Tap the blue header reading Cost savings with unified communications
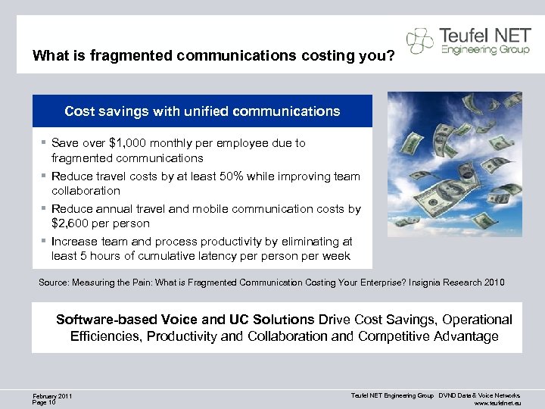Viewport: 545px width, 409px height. pos(202,111)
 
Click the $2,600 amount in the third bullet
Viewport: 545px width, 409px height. pos(72,223)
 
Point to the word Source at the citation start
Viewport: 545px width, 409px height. pos(53,283)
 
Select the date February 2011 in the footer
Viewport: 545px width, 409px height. pos(52,396)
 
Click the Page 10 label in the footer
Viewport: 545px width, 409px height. pos(45,402)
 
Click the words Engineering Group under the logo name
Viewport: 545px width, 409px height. pos(480,50)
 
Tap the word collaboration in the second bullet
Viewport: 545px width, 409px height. pos(86,191)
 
